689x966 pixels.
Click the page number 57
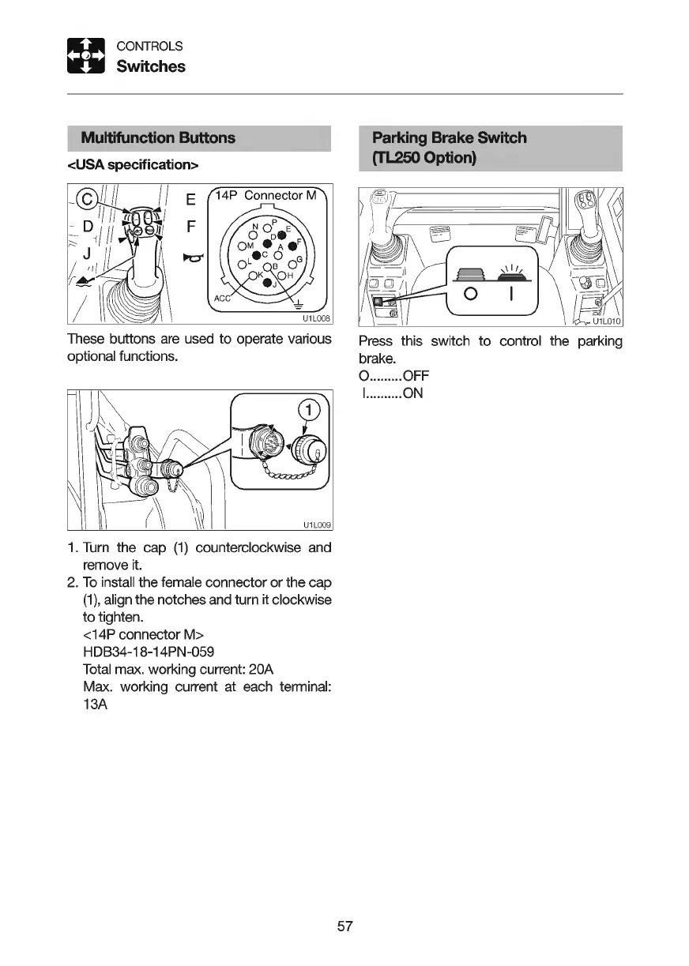pyautogui.click(x=344, y=926)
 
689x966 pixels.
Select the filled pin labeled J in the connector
pyautogui.click(x=267, y=282)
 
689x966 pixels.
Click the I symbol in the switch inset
pyautogui.click(x=512, y=296)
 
